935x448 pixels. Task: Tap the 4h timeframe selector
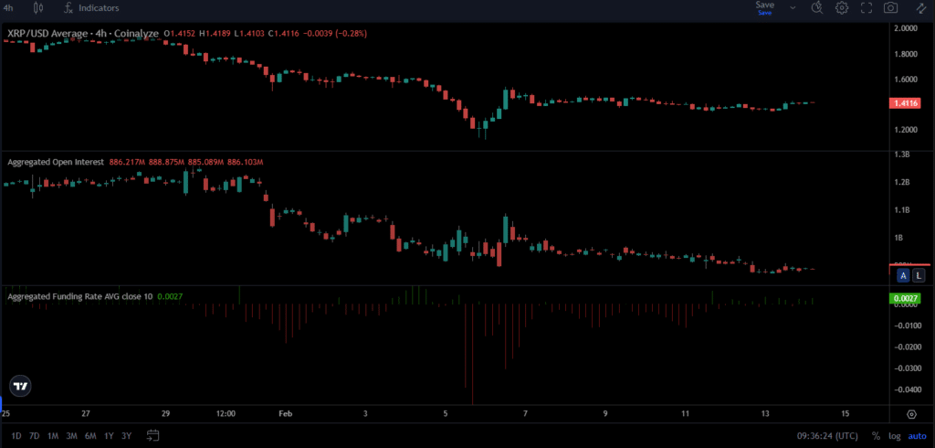pyautogui.click(x=8, y=7)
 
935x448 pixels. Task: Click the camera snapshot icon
pyautogui.click(x=889, y=8)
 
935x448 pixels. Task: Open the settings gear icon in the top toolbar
pyautogui.click(x=841, y=8)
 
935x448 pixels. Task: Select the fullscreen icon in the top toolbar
pyautogui.click(x=866, y=8)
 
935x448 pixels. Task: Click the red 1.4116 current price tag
pyautogui.click(x=909, y=104)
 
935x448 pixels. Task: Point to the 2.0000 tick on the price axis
pyautogui.click(x=907, y=28)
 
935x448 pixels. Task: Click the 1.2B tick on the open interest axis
pyautogui.click(x=904, y=182)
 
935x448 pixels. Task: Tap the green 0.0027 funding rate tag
pyautogui.click(x=907, y=298)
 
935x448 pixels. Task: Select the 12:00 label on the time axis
pyautogui.click(x=226, y=413)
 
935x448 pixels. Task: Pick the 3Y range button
pyautogui.click(x=126, y=435)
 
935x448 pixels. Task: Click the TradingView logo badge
pyautogui.click(x=20, y=386)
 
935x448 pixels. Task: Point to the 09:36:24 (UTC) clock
pyautogui.click(x=826, y=435)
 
